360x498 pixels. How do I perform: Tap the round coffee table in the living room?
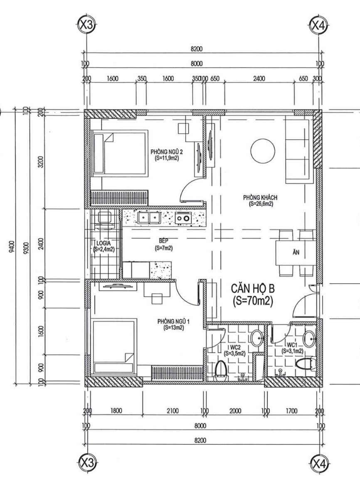[x=262, y=151]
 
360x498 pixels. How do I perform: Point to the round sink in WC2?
[x=257, y=338]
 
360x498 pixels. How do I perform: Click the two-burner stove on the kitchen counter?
[x=183, y=218]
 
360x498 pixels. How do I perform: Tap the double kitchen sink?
[x=149, y=217]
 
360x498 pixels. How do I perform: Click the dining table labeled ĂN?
[x=295, y=253]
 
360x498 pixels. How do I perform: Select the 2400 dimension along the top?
[x=259, y=79]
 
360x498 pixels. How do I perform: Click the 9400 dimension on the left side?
[x=12, y=247]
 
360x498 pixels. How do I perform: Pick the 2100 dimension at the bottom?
[x=172, y=411]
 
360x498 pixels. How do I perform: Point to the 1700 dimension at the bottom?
[x=291, y=411]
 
